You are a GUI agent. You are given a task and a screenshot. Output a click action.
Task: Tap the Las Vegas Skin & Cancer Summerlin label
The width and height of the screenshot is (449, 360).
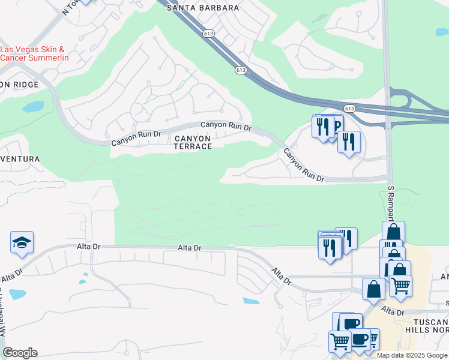pyautogui.click(x=34, y=53)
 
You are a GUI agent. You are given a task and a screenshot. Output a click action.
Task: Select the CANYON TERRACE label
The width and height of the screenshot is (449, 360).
pyautogui.click(x=192, y=142)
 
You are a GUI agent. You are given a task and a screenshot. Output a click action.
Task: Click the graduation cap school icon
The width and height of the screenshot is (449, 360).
pyautogui.click(x=22, y=242)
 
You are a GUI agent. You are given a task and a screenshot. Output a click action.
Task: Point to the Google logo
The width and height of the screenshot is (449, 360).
pyautogui.click(x=20, y=353)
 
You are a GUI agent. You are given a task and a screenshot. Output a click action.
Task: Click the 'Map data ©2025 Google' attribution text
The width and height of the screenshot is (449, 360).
pyautogui.click(x=412, y=355)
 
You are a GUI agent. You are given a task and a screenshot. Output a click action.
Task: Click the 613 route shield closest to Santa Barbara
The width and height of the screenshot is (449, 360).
pyautogui.click(x=208, y=34)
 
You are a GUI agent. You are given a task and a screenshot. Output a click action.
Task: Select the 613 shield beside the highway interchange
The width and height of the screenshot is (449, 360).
pyautogui.click(x=350, y=109)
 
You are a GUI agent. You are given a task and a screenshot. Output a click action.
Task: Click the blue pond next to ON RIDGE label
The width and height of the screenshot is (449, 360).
pyautogui.click(x=32, y=107)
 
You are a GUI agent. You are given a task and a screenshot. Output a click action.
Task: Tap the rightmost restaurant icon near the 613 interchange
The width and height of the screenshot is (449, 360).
pyautogui.click(x=348, y=143)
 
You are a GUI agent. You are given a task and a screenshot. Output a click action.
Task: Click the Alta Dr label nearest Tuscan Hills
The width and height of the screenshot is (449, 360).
pyautogui.click(x=393, y=312)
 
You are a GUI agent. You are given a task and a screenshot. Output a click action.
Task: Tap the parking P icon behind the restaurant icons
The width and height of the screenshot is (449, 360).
pyautogui.click(x=336, y=125)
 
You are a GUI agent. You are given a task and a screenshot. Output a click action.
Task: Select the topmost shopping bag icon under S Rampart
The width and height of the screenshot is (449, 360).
pyautogui.click(x=393, y=232)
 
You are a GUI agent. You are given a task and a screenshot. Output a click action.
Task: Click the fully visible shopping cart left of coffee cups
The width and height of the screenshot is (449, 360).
pyautogui.click(x=340, y=340)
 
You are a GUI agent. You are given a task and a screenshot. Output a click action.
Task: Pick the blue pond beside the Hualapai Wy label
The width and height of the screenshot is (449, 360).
pyautogui.click(x=17, y=295)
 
